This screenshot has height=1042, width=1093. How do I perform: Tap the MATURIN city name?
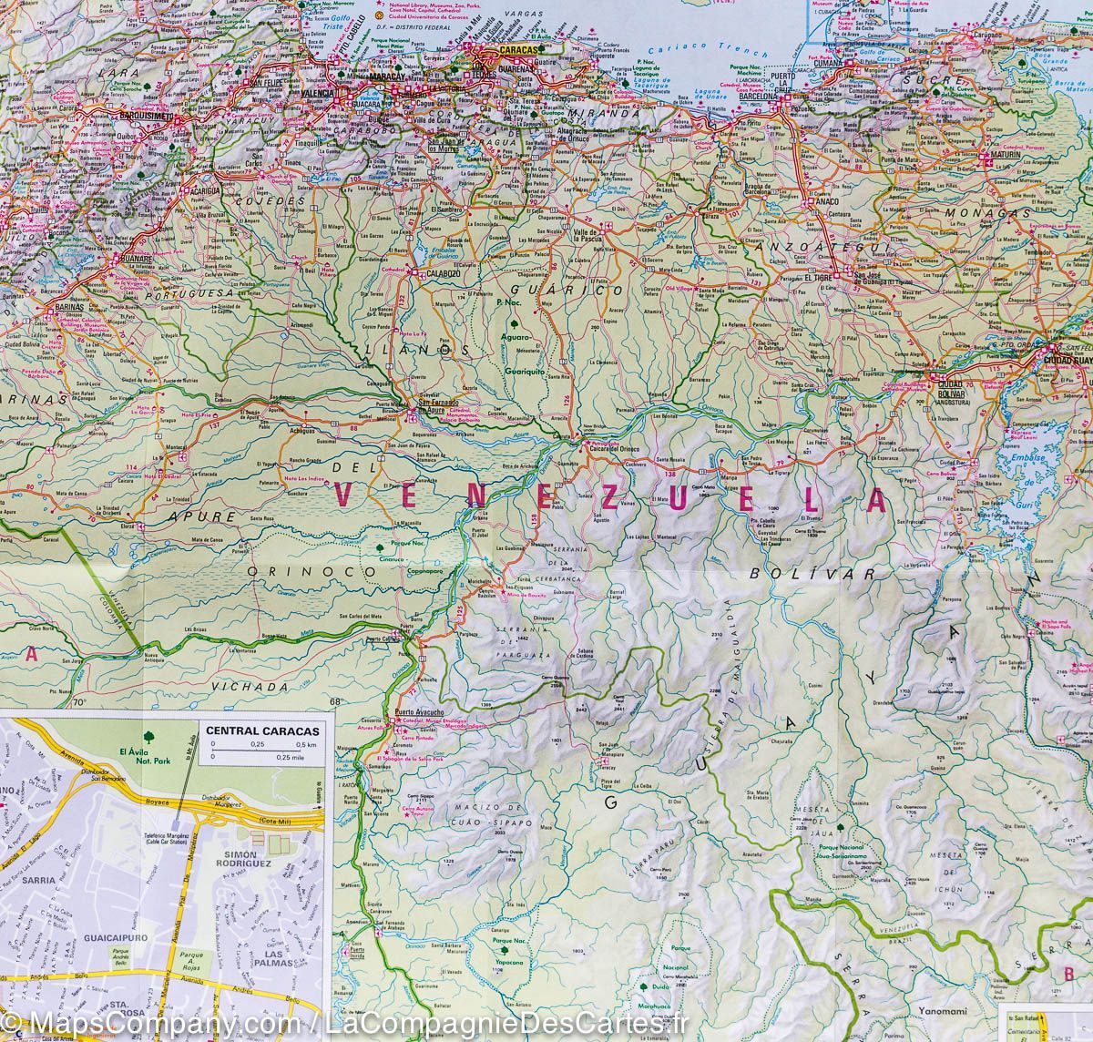[999, 166]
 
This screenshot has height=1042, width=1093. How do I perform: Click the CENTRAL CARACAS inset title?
[249, 730]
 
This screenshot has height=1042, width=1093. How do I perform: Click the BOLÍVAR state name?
[812, 574]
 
